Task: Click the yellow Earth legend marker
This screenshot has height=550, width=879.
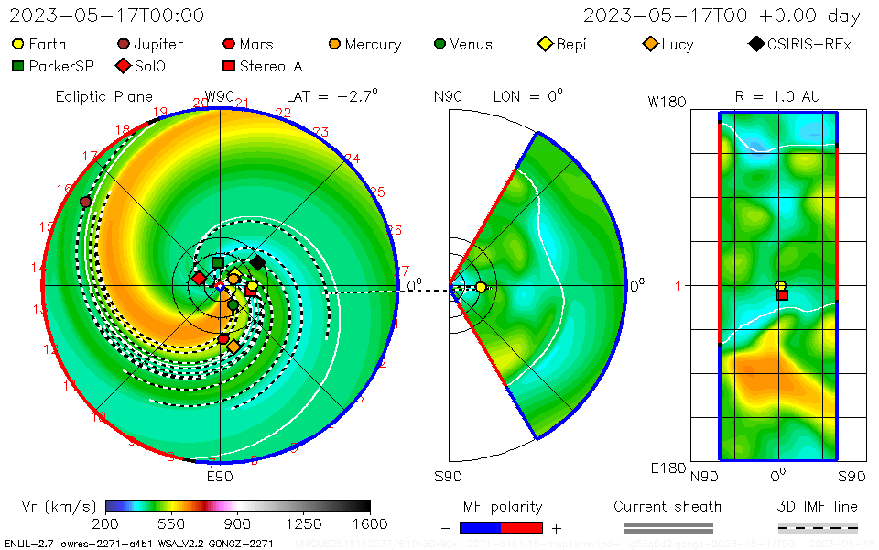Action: (x=18, y=44)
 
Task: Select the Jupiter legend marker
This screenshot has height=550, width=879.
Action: (x=124, y=44)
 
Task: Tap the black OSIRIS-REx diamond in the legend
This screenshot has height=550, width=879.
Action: (x=756, y=44)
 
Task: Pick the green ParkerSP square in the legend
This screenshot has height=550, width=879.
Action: (x=18, y=66)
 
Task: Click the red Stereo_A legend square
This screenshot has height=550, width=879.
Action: (x=229, y=66)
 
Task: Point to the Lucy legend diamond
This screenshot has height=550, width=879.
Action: (x=651, y=44)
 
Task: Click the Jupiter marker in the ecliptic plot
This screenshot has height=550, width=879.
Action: (x=86, y=202)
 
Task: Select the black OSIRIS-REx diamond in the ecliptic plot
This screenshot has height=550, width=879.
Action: (x=257, y=262)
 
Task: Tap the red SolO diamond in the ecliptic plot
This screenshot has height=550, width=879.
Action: (x=199, y=278)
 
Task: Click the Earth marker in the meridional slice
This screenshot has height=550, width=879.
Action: (x=482, y=287)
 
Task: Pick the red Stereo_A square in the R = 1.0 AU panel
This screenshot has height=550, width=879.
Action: (x=782, y=294)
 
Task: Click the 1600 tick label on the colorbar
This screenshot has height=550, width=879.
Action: (x=370, y=523)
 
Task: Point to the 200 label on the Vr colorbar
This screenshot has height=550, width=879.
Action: (x=106, y=523)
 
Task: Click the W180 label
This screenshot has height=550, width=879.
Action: (x=667, y=102)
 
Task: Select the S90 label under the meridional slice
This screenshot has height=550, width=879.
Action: (x=448, y=476)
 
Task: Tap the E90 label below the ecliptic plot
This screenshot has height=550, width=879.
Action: (x=220, y=476)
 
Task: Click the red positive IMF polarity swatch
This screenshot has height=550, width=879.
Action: (x=522, y=527)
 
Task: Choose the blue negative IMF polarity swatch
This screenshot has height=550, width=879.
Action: (x=480, y=527)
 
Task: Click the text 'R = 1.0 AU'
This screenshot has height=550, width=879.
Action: (x=777, y=96)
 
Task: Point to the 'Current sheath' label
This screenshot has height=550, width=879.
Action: (x=667, y=506)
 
